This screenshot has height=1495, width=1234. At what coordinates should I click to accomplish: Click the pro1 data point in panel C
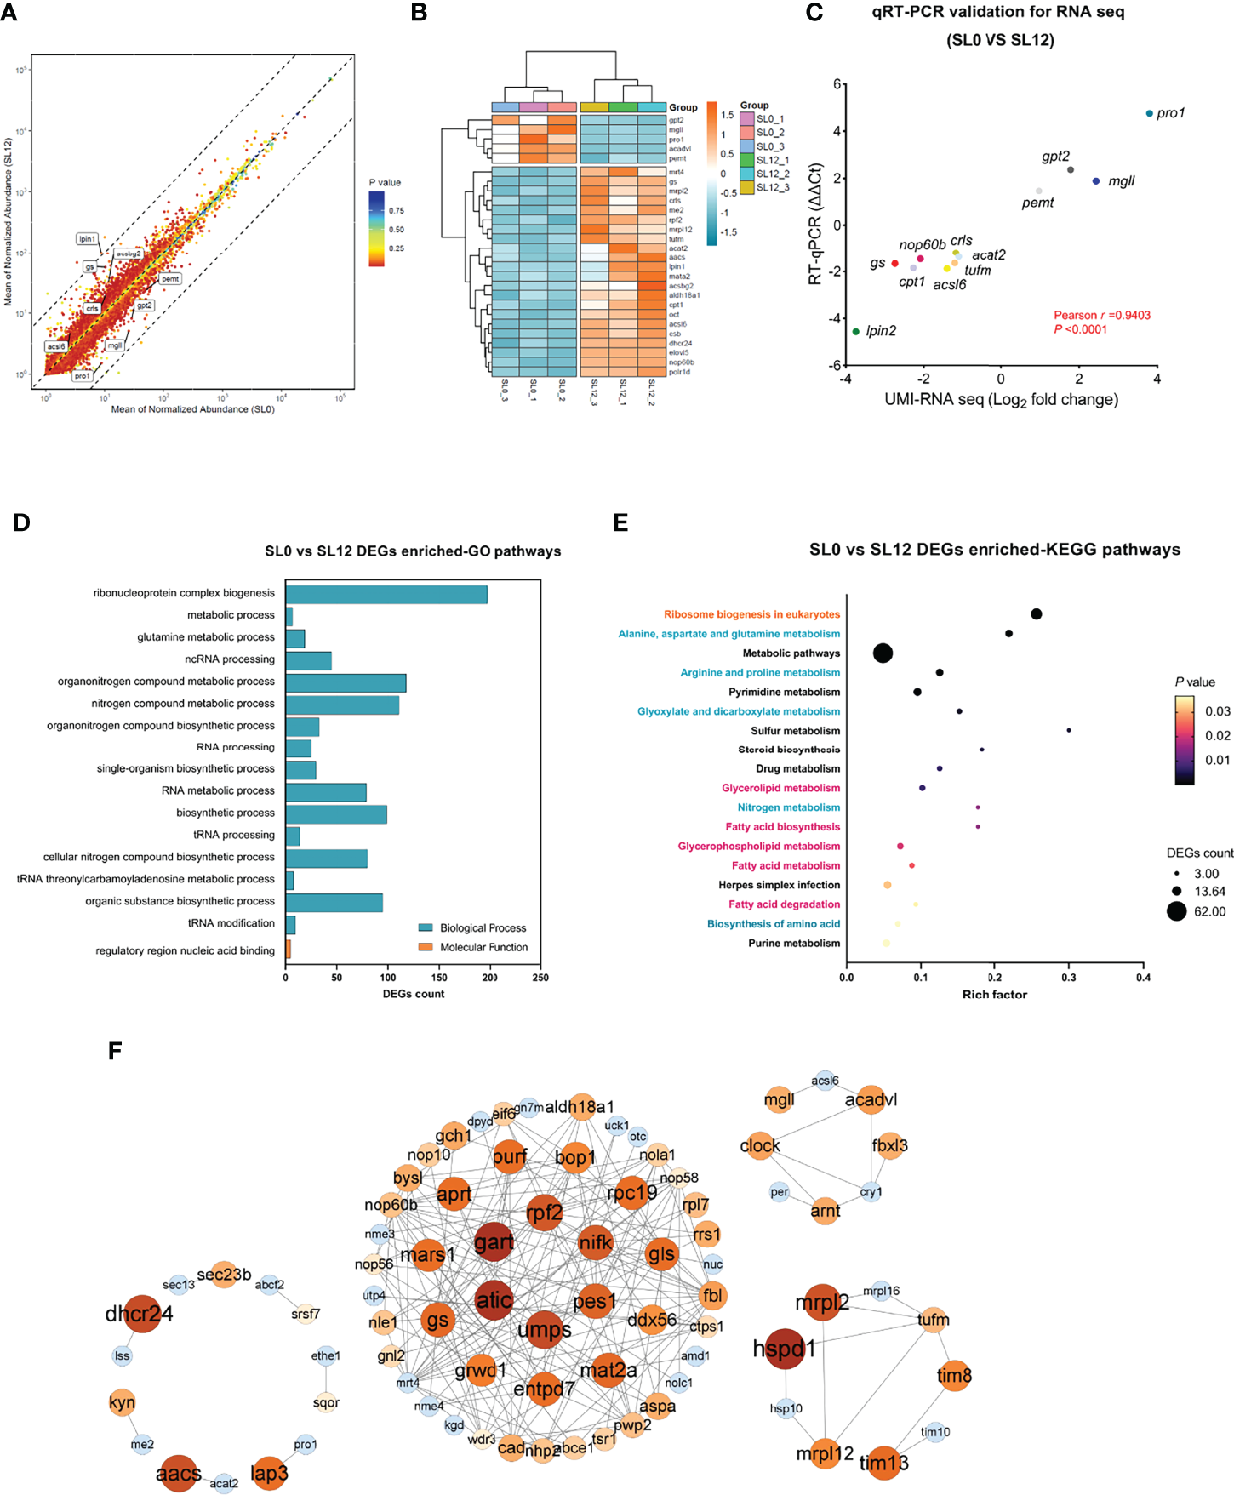(x=1149, y=113)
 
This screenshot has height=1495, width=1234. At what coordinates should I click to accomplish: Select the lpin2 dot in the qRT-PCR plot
(x=856, y=331)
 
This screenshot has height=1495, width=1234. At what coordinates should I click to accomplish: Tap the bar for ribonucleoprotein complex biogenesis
(x=386, y=594)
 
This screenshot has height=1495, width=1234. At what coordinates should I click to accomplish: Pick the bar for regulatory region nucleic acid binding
(x=289, y=950)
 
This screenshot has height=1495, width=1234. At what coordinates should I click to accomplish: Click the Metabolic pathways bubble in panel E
(x=883, y=653)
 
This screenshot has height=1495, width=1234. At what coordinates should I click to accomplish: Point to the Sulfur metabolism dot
(x=1069, y=730)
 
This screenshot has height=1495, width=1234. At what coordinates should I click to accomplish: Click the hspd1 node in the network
(x=785, y=1349)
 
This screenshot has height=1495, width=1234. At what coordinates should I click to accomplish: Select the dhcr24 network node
(x=142, y=1314)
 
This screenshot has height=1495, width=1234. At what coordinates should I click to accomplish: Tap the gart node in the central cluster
(x=494, y=1242)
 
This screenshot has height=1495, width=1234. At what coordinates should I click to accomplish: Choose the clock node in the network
(x=760, y=1146)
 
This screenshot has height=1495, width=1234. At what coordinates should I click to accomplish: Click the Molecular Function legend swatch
(x=426, y=947)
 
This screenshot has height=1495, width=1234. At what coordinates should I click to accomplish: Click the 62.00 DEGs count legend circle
(x=1176, y=911)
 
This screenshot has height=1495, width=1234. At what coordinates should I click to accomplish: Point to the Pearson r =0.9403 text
(x=1101, y=315)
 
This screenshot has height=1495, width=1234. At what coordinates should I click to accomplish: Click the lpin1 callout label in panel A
(x=87, y=239)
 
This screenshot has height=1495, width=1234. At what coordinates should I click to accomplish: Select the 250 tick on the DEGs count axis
(x=540, y=978)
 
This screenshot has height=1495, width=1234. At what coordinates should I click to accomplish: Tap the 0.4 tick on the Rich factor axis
(x=1143, y=978)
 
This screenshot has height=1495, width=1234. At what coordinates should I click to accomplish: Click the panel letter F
(x=115, y=1051)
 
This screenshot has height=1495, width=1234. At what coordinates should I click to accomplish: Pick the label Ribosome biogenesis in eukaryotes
(x=751, y=614)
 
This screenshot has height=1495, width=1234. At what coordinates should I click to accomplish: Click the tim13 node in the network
(x=884, y=1463)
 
